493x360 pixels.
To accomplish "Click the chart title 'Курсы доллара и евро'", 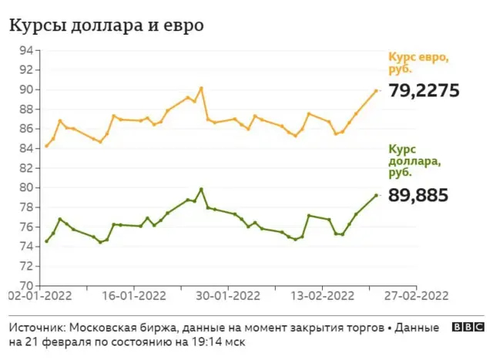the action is (106, 25).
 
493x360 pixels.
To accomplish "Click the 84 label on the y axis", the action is (26, 148).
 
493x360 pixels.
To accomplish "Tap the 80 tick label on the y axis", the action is (26, 187).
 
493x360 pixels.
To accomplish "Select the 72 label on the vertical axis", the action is (26, 266).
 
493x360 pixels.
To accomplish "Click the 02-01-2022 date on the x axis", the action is (41, 296).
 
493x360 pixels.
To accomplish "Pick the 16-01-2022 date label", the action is (134, 296).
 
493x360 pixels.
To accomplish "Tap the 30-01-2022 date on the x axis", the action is (228, 296).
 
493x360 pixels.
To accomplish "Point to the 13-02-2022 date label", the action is (322, 296).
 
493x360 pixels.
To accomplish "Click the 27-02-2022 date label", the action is (416, 296).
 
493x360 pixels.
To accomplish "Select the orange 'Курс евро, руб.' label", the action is (418, 63).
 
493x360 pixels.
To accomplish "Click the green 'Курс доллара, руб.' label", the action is (414, 161).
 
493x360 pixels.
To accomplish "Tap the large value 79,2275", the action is (424, 91).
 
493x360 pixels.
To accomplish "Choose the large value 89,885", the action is (418, 195).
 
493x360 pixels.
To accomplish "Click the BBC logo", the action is (468, 328).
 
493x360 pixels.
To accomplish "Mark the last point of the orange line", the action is (376, 91).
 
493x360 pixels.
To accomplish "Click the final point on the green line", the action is (376, 196).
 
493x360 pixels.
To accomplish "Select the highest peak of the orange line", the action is (201, 88).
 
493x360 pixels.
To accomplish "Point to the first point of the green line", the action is (46, 241).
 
